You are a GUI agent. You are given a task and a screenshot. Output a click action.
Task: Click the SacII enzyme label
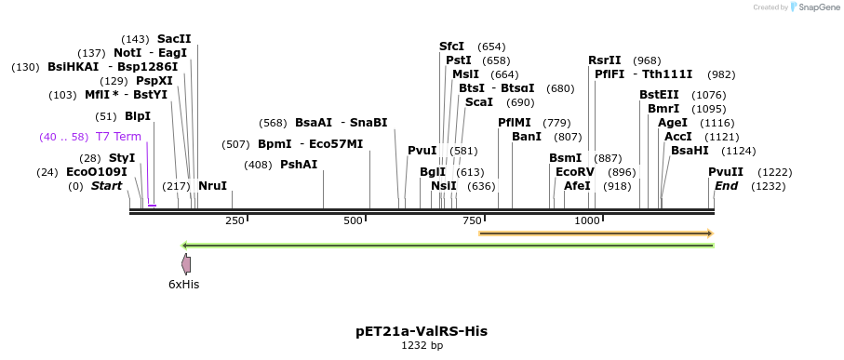point(174,39)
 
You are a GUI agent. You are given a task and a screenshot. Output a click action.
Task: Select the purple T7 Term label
point(118,137)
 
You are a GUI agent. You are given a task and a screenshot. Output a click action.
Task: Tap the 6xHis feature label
point(183,284)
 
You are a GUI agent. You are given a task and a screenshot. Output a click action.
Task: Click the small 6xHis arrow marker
point(186,264)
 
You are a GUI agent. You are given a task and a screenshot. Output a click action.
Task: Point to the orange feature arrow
point(596,233)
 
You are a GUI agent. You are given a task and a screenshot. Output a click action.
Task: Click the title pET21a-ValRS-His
point(422,331)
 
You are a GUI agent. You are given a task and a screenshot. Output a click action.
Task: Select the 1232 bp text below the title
point(422,345)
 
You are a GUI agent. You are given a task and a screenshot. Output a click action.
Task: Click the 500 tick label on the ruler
point(353,220)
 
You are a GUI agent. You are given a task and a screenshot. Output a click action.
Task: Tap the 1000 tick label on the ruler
point(587,220)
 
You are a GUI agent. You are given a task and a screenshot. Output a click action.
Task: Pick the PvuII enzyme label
point(726,172)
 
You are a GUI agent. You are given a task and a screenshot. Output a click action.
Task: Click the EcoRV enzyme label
point(574,172)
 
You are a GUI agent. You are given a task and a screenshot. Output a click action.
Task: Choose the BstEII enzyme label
point(659,95)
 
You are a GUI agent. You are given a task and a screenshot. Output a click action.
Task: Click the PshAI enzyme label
point(299,165)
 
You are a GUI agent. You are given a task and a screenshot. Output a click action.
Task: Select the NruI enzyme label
point(212,186)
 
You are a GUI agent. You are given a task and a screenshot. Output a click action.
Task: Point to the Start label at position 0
point(106,186)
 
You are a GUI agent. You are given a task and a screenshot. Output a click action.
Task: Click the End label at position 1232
point(726,186)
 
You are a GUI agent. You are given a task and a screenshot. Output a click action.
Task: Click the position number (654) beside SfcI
point(491,47)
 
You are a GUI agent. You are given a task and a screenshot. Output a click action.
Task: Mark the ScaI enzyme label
point(479,102)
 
